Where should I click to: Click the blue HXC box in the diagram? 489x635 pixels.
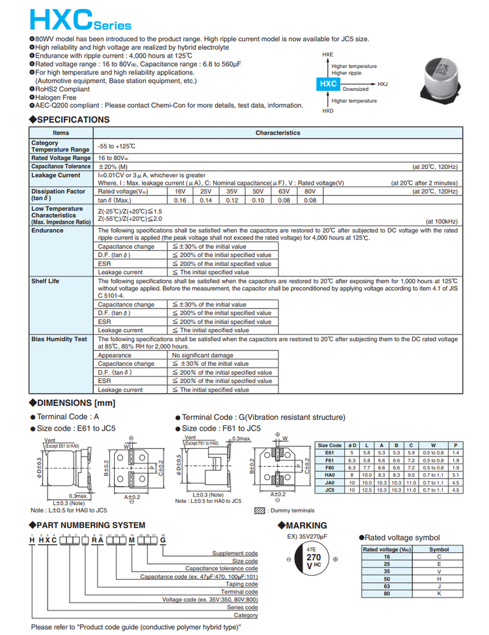tap(328, 84)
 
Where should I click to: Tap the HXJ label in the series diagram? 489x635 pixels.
tap(382, 84)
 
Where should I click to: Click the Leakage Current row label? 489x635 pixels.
tap(56, 175)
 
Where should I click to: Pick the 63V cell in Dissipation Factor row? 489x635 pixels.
tap(284, 191)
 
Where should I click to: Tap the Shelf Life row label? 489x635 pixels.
tap(47, 280)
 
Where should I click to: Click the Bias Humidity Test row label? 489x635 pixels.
tap(59, 340)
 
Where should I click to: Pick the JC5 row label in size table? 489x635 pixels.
tap(329, 490)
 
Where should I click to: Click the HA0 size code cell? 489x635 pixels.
tap(329, 474)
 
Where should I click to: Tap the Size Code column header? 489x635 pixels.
tap(330, 445)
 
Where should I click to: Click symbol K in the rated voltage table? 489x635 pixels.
tap(439, 593)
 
